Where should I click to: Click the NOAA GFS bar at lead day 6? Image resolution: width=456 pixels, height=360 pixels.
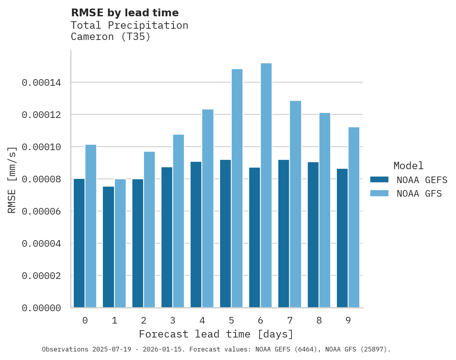(266, 185)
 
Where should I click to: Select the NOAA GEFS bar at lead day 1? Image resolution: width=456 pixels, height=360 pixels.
(108, 247)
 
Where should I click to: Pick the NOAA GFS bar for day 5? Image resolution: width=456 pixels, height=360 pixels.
(237, 189)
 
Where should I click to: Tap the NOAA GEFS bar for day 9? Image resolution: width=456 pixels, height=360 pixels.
(342, 238)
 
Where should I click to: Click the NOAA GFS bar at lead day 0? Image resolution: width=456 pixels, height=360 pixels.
(91, 226)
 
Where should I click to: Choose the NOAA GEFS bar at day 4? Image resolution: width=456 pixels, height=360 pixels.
(196, 235)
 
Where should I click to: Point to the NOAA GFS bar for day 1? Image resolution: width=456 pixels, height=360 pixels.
(120, 243)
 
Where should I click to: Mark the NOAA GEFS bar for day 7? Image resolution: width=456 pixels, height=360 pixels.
(284, 234)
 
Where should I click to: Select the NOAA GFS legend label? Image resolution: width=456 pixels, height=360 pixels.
(419, 194)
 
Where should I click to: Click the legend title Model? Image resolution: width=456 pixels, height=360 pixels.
(408, 166)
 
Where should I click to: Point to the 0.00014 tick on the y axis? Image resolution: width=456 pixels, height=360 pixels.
(41, 83)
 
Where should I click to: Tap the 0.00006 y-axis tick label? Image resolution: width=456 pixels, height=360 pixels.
(41, 211)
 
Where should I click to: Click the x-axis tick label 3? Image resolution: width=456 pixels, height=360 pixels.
(173, 320)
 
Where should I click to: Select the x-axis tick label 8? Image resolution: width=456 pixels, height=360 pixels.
(319, 320)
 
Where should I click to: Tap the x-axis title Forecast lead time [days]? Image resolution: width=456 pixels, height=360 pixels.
(216, 334)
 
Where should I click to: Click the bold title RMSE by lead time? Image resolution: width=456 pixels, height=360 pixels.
(125, 13)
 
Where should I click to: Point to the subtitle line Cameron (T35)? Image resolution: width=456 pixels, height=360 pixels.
(111, 37)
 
